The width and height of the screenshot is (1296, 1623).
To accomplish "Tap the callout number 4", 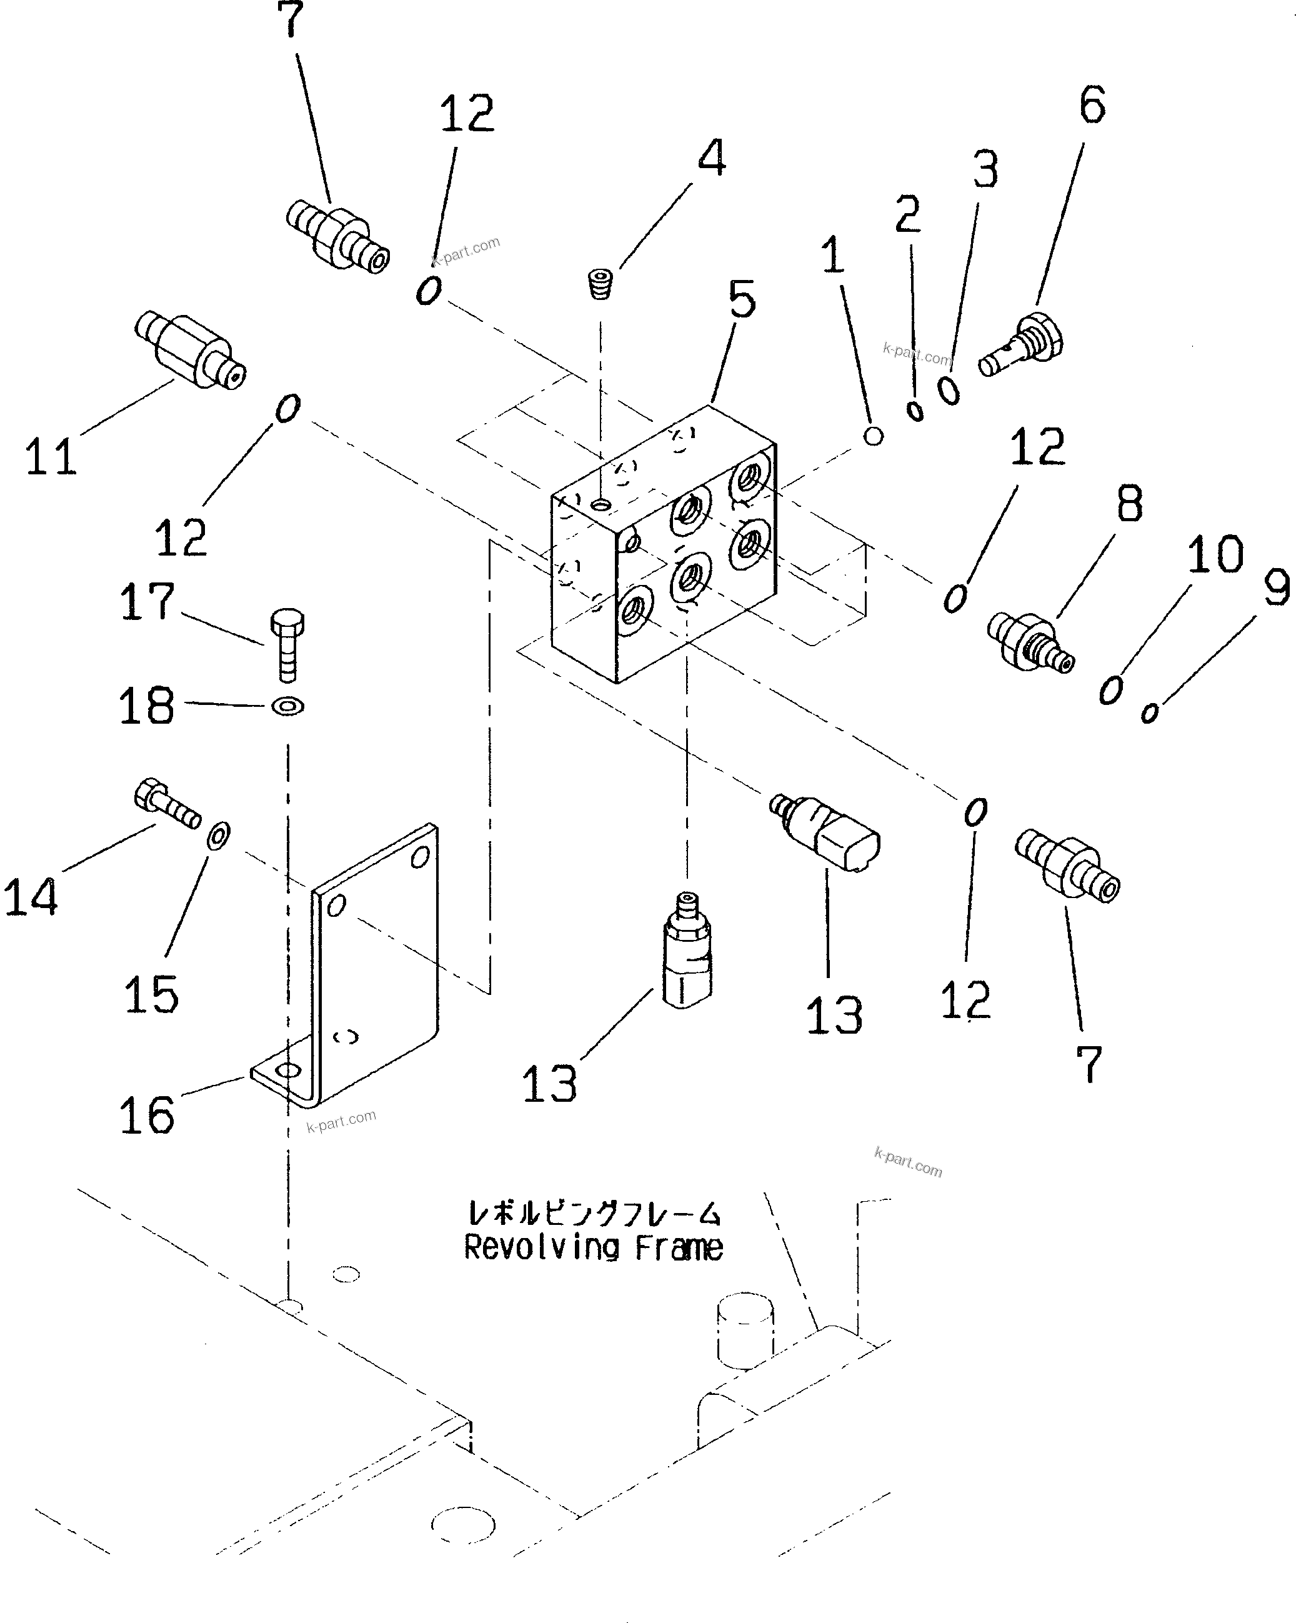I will pos(711,158).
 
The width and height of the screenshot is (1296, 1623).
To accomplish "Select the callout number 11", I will pos(51,456).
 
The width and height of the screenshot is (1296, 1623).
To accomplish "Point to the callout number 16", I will pos(147,1115).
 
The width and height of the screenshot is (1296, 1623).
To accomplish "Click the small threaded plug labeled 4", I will pos(600,284).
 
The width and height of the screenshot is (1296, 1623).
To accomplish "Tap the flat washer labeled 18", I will pos(287,706).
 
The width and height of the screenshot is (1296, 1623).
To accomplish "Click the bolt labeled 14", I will pos(167,805).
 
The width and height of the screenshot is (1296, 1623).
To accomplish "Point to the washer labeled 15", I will pos(219,835).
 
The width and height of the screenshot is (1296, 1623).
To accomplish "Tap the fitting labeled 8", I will pos(1030,641).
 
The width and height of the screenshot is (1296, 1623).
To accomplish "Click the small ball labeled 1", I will pos(873,435).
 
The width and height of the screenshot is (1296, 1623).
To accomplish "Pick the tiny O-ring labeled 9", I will pos(1149,712).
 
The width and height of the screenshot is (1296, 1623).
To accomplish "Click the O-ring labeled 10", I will pos(1110,689).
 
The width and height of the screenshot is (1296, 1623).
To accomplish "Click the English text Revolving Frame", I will pos(593,1248).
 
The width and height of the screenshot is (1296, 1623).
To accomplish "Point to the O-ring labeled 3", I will pos(949,391).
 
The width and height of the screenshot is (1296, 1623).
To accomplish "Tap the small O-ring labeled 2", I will pos(915,411).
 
